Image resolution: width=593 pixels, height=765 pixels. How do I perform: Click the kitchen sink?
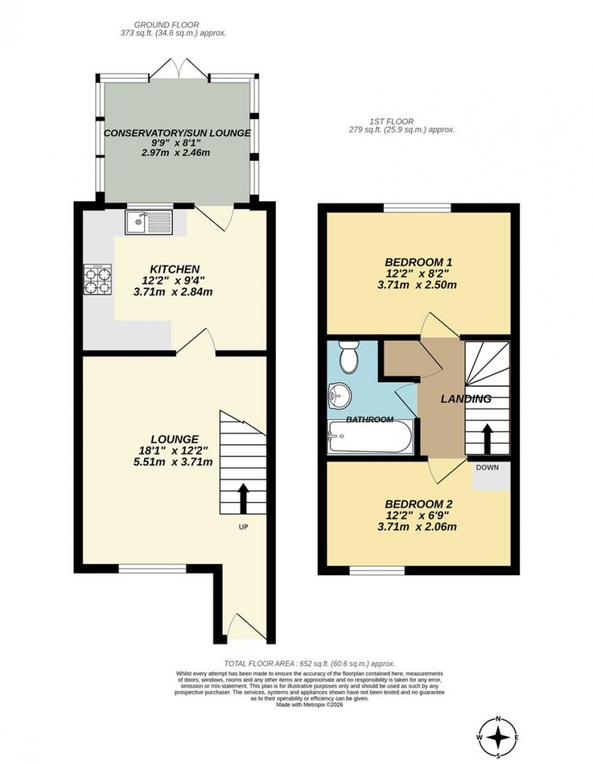[149, 222]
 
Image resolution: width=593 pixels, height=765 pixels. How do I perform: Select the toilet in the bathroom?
[349, 357]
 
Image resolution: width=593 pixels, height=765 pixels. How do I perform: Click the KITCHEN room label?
[175, 269]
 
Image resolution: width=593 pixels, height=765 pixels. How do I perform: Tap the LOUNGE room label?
[175, 439]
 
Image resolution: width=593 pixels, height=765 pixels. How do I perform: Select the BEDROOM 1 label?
[418, 262]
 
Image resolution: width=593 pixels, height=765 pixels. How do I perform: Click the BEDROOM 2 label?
[418, 504]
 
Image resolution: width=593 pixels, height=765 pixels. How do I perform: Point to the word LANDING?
[465, 399]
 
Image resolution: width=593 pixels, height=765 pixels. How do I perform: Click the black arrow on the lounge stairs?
[244, 496]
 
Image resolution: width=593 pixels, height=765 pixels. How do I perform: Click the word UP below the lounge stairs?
[243, 527]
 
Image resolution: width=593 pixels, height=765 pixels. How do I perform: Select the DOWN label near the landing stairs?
[487, 467]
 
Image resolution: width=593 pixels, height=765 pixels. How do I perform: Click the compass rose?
[498, 737]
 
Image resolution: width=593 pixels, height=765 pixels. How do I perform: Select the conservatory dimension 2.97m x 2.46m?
[175, 153]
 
